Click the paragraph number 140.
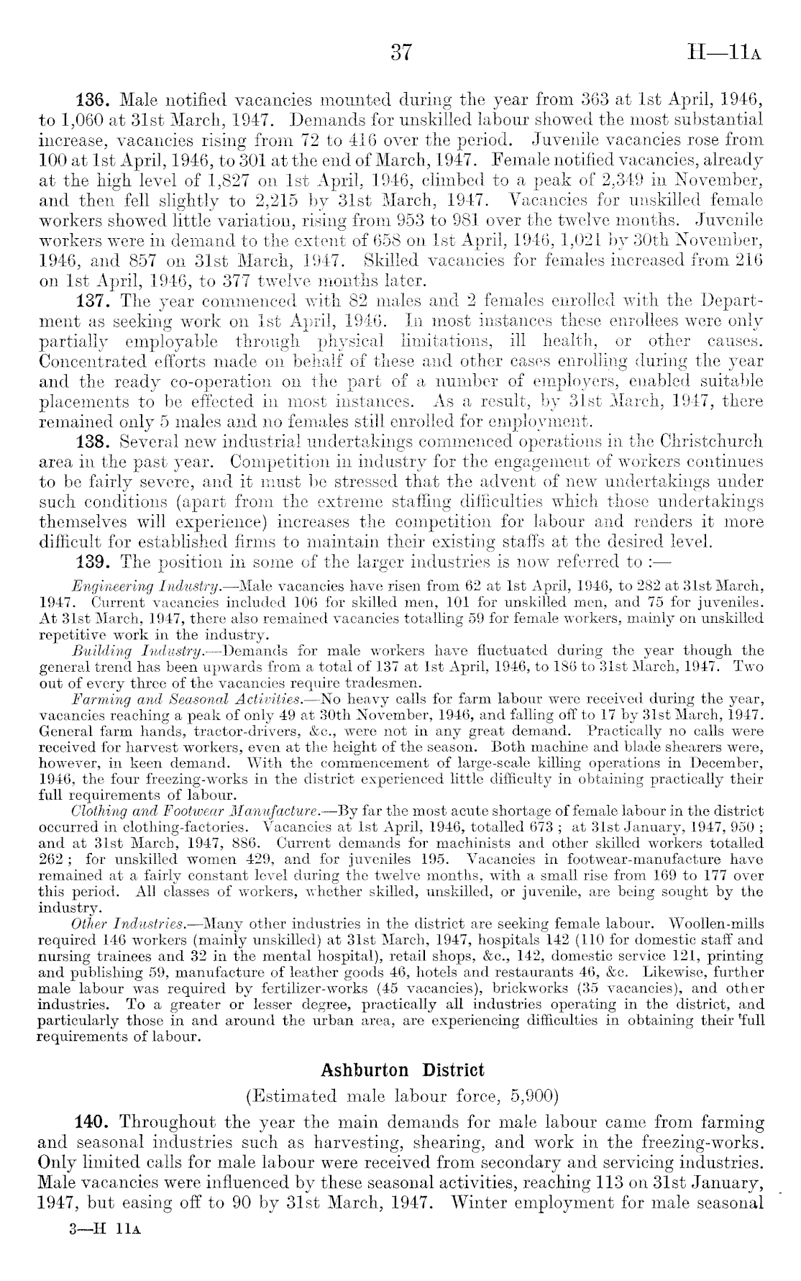tap(93, 1122)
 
